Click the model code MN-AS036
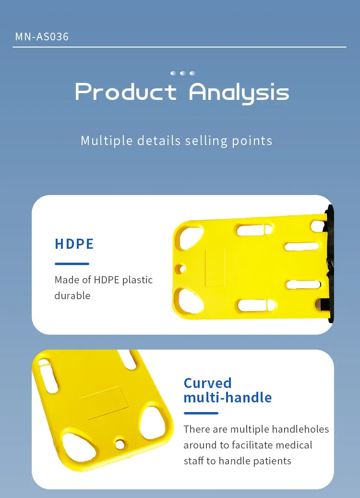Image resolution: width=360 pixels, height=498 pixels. [42, 36]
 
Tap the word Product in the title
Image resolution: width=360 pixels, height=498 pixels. [126, 91]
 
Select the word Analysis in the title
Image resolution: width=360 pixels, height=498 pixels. [239, 93]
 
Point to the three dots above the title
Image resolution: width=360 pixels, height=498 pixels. [182, 73]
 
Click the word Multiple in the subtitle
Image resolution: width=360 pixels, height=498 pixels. [107, 141]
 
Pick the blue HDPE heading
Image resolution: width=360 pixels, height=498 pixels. [74, 244]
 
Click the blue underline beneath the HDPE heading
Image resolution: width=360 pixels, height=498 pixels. [72, 264]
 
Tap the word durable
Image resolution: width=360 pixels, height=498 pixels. [72, 296]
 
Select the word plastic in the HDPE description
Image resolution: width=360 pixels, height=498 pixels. [137, 280]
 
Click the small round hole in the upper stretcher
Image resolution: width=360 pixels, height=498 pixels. [180, 269]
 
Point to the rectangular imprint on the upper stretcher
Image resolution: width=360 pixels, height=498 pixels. [215, 268]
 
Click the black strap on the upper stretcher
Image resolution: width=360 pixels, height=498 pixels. [330, 264]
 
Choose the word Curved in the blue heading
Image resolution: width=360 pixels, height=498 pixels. [208, 383]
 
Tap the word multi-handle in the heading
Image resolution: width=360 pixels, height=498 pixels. [228, 398]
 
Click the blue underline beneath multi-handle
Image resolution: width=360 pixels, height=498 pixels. [201, 413]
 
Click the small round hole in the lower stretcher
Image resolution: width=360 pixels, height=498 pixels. [120, 444]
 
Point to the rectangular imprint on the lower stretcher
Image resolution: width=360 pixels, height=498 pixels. [104, 403]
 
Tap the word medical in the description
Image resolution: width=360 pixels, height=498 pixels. [294, 445]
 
